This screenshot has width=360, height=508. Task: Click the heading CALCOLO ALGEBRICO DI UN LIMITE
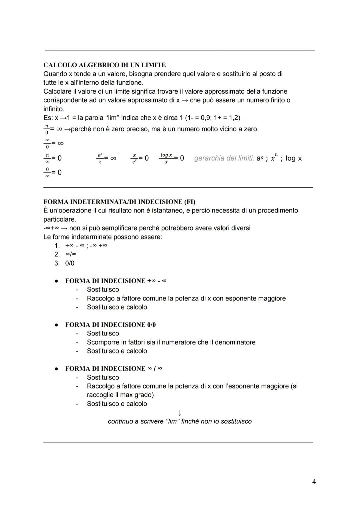coord(104,65)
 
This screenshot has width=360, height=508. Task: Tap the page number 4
coord(314,481)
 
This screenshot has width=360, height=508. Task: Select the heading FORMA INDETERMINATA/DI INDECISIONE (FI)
coord(119,202)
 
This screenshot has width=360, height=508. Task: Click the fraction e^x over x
coord(100,158)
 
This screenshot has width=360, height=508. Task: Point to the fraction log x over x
coord(166,158)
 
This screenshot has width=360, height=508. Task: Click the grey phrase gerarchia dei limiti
coord(224,158)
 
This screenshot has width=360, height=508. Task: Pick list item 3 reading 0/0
coord(70,263)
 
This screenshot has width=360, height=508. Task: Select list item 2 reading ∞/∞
coord(71,254)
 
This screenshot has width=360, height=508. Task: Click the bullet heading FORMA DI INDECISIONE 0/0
coord(110,324)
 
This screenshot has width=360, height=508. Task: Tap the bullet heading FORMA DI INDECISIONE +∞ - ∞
coord(116,280)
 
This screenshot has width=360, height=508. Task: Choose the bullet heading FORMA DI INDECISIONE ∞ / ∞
coord(114,368)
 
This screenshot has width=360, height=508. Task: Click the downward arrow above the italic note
coord(180,413)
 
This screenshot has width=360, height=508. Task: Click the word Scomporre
coord(103,342)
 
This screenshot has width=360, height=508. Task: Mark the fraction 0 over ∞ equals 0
coord(53,173)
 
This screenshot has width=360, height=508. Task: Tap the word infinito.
coord(54,109)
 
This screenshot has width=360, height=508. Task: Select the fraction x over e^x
coord(134,158)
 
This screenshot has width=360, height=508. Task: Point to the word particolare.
coord(59,219)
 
